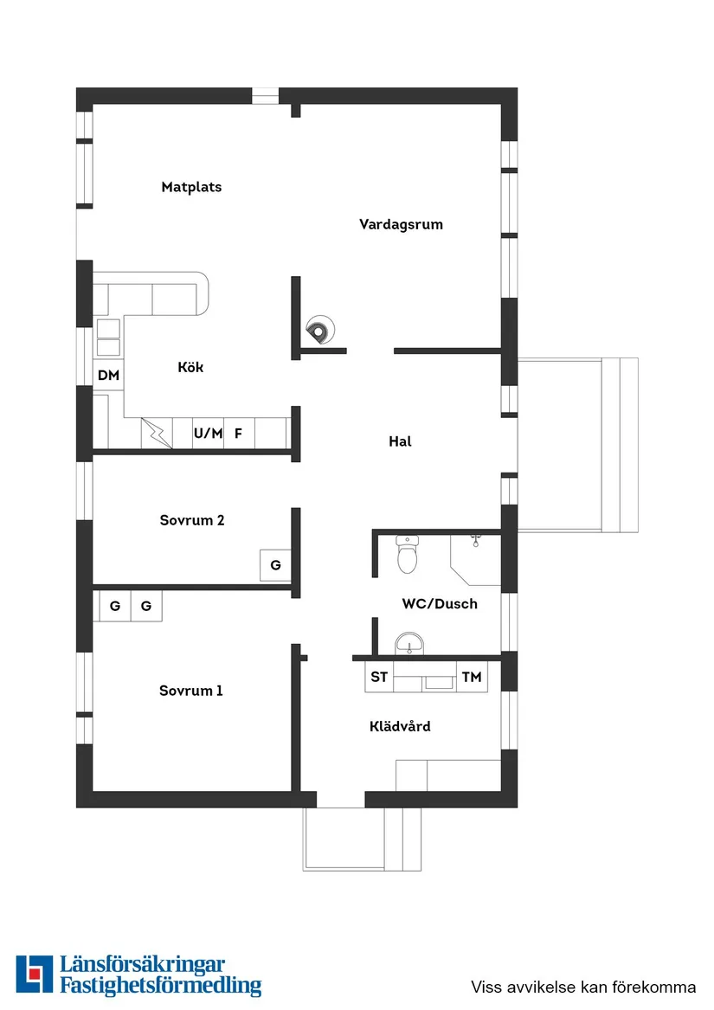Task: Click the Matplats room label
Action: (x=191, y=187)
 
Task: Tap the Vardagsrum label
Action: (x=401, y=224)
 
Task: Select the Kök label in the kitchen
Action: (x=190, y=367)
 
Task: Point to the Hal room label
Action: (x=400, y=441)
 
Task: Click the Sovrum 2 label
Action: (x=192, y=520)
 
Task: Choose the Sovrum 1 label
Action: (x=190, y=691)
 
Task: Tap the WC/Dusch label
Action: (x=440, y=603)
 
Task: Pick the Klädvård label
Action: (x=400, y=726)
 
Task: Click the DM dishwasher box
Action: (x=108, y=375)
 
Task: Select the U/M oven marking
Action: (x=209, y=434)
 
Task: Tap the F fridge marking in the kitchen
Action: (x=238, y=434)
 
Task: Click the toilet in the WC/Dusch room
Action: (x=408, y=555)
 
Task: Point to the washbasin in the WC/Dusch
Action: (x=409, y=644)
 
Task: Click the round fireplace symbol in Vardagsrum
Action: (x=319, y=331)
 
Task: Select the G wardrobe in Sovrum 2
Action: (x=275, y=565)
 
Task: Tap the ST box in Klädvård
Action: (x=379, y=677)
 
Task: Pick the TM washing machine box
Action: (x=472, y=677)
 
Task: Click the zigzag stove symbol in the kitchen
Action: (x=157, y=433)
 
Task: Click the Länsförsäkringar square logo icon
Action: (x=34, y=974)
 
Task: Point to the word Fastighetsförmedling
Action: (x=160, y=986)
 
